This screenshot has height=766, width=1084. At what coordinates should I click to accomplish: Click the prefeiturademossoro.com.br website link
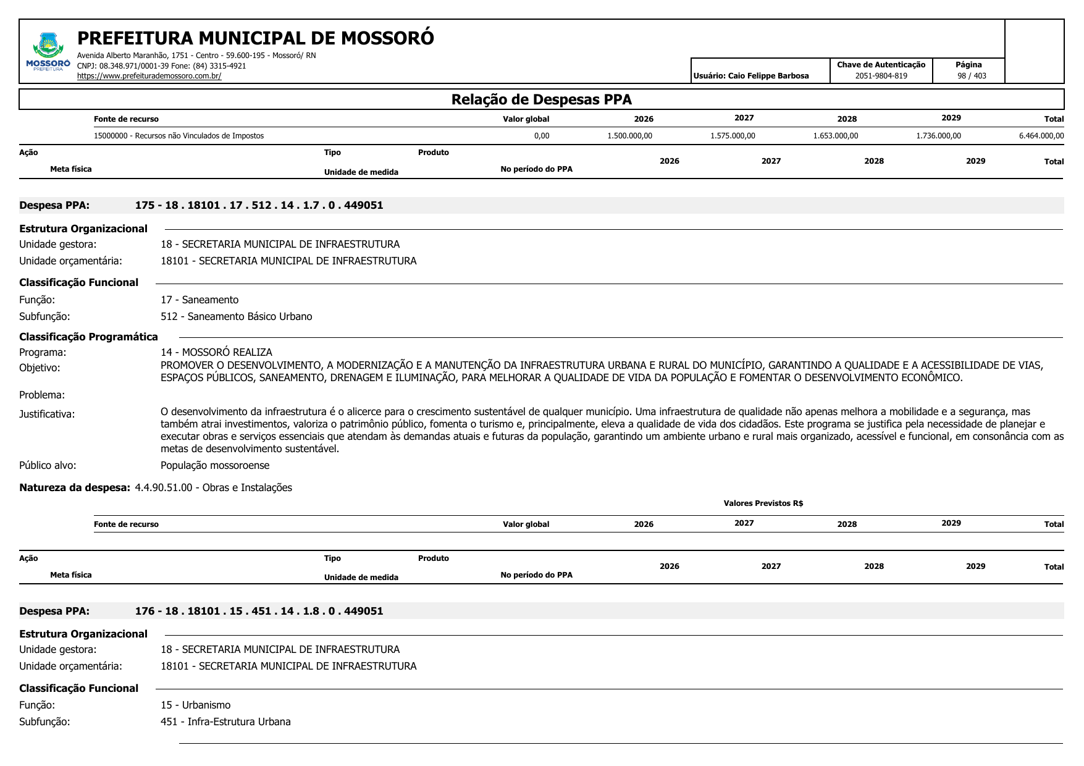click(149, 76)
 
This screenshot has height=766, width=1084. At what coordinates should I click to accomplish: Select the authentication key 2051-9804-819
click(881, 76)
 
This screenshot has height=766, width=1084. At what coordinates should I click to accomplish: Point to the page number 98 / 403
click(972, 76)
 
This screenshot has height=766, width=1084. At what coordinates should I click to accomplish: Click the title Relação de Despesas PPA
click(541, 99)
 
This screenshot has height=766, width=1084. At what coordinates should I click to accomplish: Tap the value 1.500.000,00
click(629, 136)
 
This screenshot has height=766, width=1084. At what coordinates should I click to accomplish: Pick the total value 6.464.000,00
click(1041, 136)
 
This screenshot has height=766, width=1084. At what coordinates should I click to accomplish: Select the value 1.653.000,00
click(835, 136)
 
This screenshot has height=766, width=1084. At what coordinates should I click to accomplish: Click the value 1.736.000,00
click(938, 136)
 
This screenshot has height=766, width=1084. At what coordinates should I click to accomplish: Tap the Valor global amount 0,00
click(541, 136)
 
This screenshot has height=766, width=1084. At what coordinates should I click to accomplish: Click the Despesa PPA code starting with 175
click(259, 205)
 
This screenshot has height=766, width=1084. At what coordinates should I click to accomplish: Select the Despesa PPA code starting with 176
click(259, 611)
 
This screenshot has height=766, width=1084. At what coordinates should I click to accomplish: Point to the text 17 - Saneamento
click(200, 300)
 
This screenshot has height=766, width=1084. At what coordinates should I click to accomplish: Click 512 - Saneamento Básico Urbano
click(236, 316)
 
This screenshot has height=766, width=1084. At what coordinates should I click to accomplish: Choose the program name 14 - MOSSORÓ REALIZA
click(216, 352)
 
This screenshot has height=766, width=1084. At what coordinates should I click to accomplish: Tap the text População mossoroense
click(215, 465)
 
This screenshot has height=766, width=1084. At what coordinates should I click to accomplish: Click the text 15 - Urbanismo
click(195, 705)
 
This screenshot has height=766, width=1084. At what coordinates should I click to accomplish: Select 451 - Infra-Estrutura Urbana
click(225, 722)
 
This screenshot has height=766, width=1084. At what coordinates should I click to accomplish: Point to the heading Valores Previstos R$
click(763, 503)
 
